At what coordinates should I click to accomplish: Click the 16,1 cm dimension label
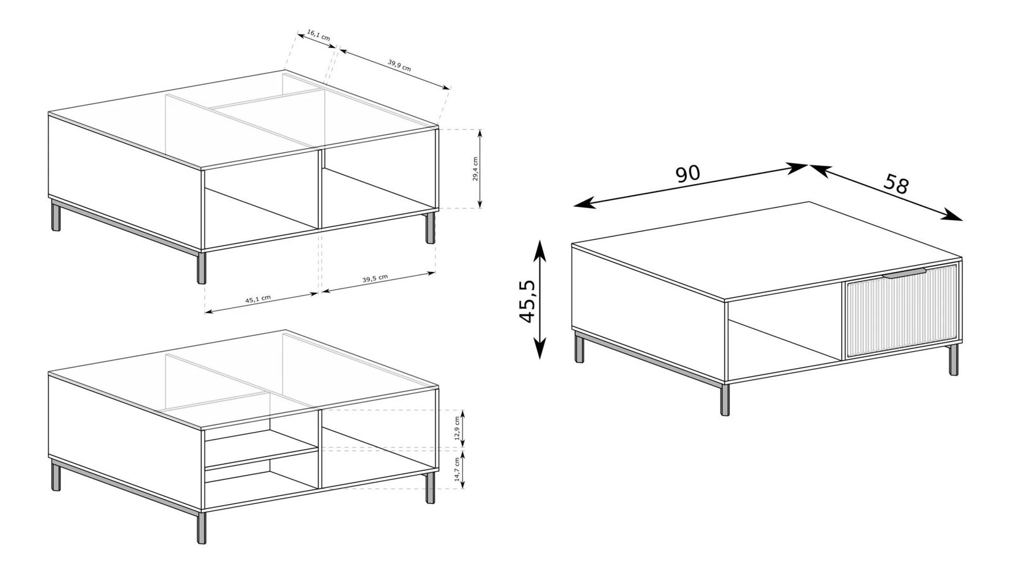(x=319, y=35)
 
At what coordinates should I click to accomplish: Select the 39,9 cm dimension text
(x=399, y=65)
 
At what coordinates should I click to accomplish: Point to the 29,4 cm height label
(x=475, y=169)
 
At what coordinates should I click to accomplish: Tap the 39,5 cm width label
(x=375, y=278)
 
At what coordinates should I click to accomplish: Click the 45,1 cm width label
(x=258, y=299)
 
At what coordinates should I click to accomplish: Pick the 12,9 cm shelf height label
(x=457, y=428)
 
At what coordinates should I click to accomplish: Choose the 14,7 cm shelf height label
(x=457, y=470)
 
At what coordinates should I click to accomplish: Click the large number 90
(x=688, y=173)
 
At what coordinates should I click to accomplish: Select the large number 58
(x=896, y=184)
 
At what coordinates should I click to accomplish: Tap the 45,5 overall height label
(x=528, y=301)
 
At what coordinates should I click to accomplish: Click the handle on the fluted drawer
(x=904, y=273)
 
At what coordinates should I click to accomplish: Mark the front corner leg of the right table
(x=725, y=400)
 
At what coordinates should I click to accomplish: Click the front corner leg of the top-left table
(x=202, y=268)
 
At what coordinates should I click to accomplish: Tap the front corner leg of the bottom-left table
(x=202, y=527)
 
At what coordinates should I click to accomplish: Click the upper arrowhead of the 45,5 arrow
(x=540, y=250)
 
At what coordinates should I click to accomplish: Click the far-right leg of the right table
(x=953, y=360)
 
